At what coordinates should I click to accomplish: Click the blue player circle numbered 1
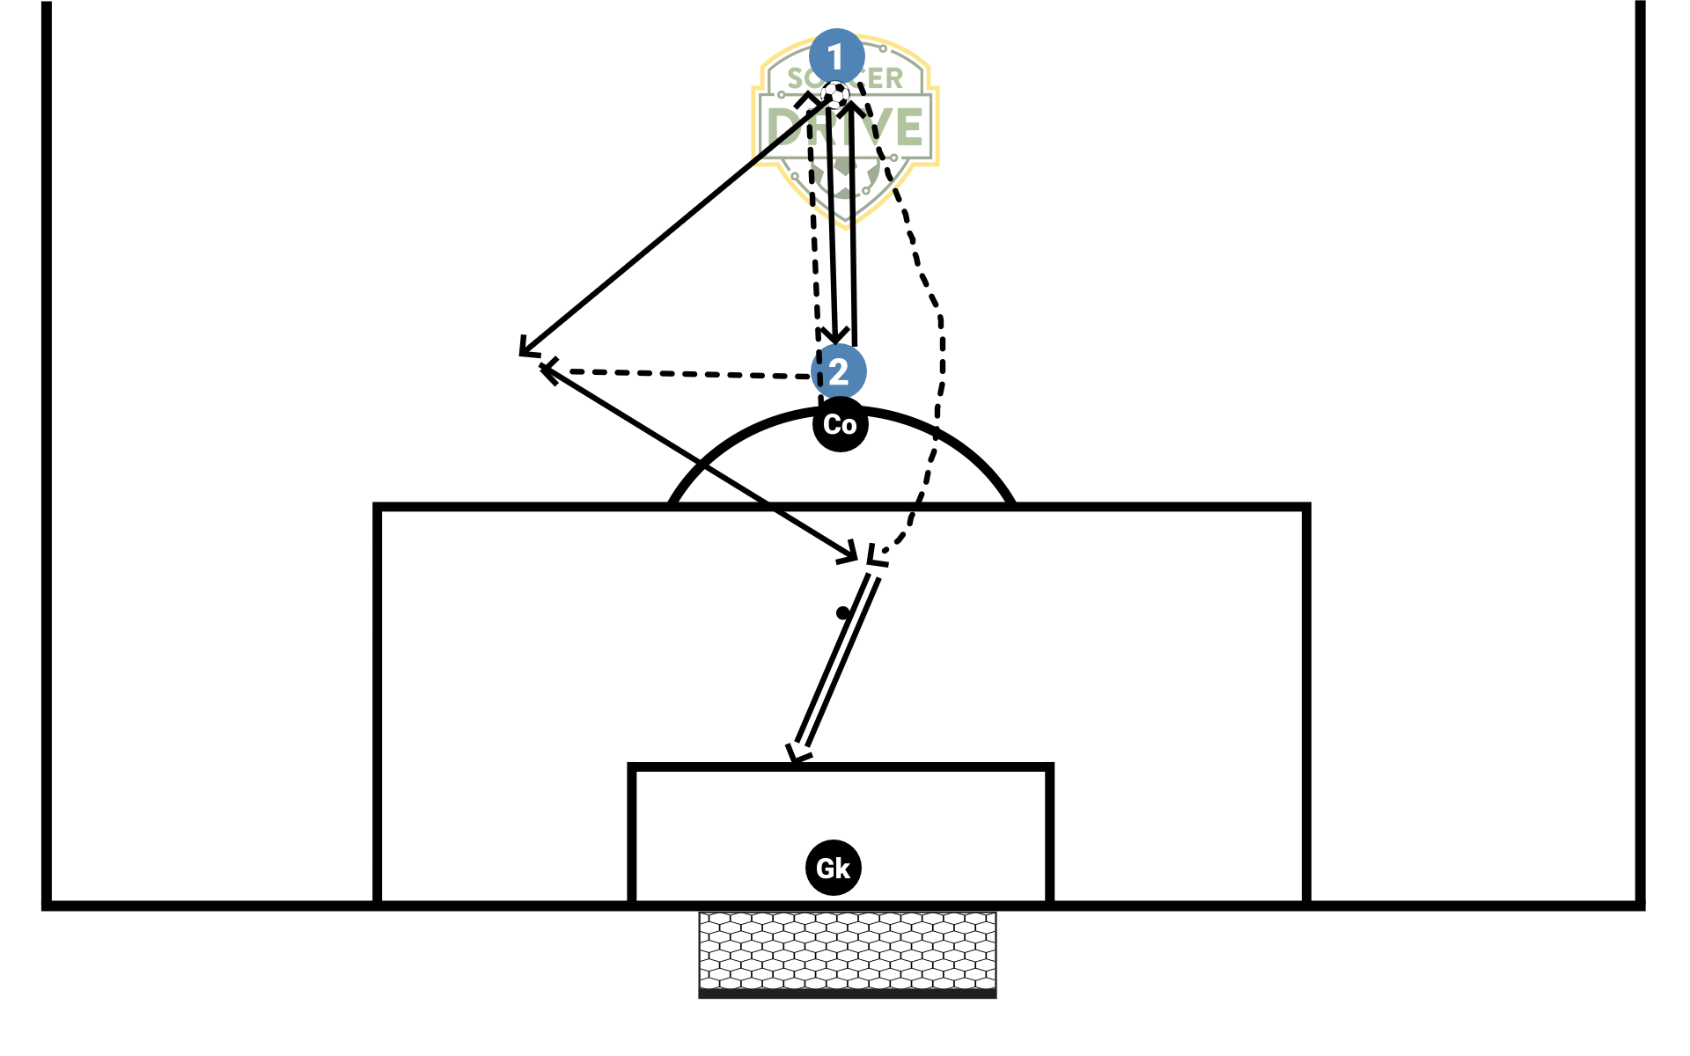837,56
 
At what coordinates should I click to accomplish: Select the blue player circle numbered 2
839,371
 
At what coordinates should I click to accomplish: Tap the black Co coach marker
841,424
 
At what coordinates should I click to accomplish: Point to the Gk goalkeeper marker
833,868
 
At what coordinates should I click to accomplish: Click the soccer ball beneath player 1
835,93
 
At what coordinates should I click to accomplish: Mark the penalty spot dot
843,612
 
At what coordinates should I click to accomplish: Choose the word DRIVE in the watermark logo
845,128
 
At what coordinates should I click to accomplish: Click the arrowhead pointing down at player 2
834,337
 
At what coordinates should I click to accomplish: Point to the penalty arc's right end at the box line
1012,503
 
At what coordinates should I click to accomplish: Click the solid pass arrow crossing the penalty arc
704,466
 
